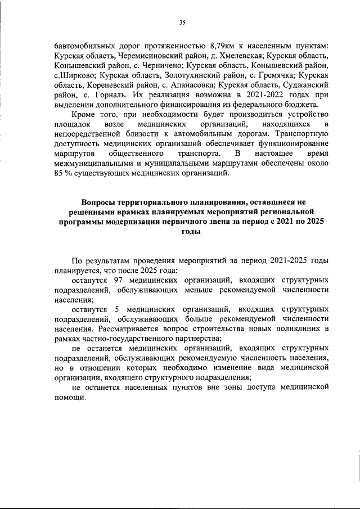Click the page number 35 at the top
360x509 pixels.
(182, 22)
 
